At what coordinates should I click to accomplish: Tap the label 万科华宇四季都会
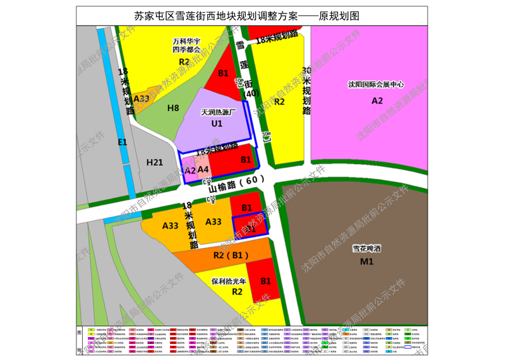pos(186,45)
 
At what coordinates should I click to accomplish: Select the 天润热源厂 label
pos(218,112)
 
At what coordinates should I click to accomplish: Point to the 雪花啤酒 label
pos(366,249)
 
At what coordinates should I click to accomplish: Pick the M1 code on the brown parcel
pos(366,261)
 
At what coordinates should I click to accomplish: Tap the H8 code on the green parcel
pos(173,108)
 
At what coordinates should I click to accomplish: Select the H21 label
pos(155,163)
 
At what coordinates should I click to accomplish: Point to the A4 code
pos(203,169)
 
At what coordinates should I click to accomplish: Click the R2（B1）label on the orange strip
pos(230,255)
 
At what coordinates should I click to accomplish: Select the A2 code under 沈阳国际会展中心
pos(377,100)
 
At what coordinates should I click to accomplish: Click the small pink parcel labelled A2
pos(190,170)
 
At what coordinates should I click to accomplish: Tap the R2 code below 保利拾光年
pos(237,291)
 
